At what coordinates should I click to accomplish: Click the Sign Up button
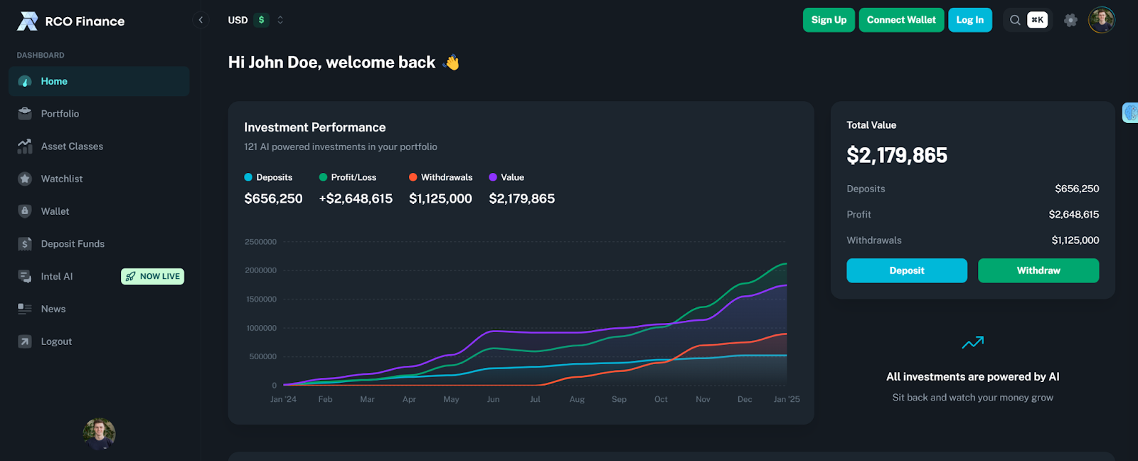click(829, 20)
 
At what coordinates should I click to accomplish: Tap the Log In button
click(969, 20)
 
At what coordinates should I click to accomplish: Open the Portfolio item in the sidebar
click(60, 114)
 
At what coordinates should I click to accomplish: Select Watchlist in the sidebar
click(62, 179)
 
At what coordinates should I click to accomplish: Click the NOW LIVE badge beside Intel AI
click(153, 277)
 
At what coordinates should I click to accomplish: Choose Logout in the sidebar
click(56, 341)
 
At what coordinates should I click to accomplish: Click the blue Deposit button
click(906, 270)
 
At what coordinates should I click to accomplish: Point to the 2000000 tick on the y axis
click(260, 270)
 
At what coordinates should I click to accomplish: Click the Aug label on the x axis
click(577, 399)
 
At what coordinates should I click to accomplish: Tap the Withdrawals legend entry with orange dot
click(440, 177)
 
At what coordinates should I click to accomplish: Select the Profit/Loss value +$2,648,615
click(356, 198)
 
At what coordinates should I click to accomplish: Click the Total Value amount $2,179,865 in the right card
click(896, 155)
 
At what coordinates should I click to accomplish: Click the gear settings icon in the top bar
click(1070, 20)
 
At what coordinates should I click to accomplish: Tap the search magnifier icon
click(1015, 20)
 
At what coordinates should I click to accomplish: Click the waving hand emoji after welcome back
click(452, 63)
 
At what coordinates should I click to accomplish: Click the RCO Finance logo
click(70, 21)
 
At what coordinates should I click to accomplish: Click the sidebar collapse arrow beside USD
click(201, 20)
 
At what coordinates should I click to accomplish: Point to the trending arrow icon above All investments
click(972, 342)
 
